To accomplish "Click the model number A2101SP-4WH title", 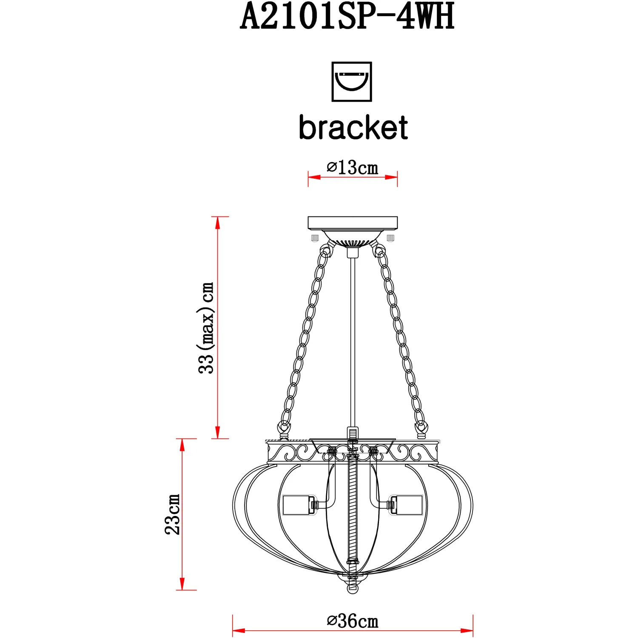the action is pos(347,16).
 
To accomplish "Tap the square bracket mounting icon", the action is pos(352,82).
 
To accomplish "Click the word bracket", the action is pos(353,127).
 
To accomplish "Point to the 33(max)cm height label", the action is pos(206,328).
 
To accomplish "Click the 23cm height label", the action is pos(172,514).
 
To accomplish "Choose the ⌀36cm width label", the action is pos(352,621).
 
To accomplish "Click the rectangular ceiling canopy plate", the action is pos(353,223).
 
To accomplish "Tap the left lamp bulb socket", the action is pos(298,505).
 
